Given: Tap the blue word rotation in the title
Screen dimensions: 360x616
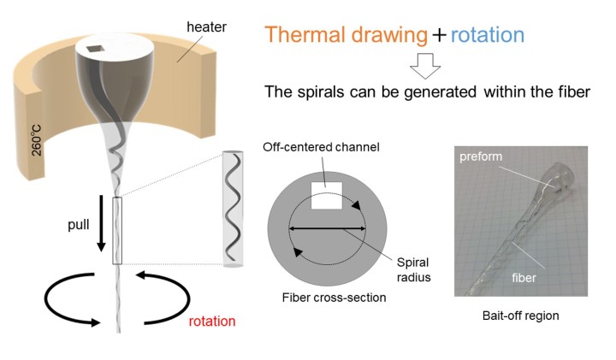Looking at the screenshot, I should (475, 35).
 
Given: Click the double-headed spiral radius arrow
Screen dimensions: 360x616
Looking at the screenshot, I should (328, 228).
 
